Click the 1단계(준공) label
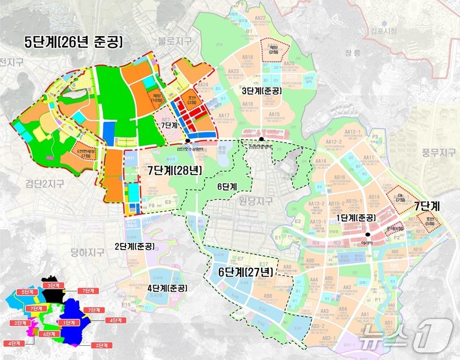(357, 218)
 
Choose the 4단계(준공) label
(167, 288)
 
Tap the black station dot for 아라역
(367, 235)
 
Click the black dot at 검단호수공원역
(188, 141)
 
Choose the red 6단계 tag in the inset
(49, 334)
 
